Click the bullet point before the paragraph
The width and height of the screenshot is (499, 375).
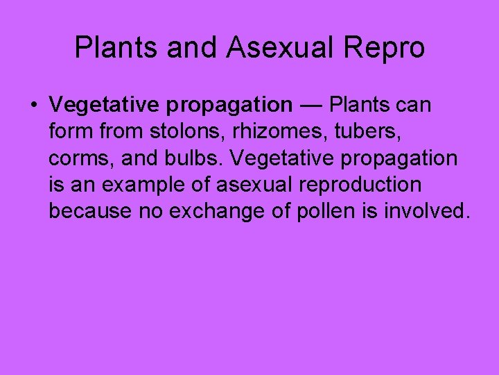click(x=33, y=106)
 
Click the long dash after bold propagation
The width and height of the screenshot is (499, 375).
click(x=311, y=106)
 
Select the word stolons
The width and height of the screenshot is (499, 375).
click(x=193, y=132)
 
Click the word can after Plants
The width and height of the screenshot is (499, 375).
click(x=414, y=106)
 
